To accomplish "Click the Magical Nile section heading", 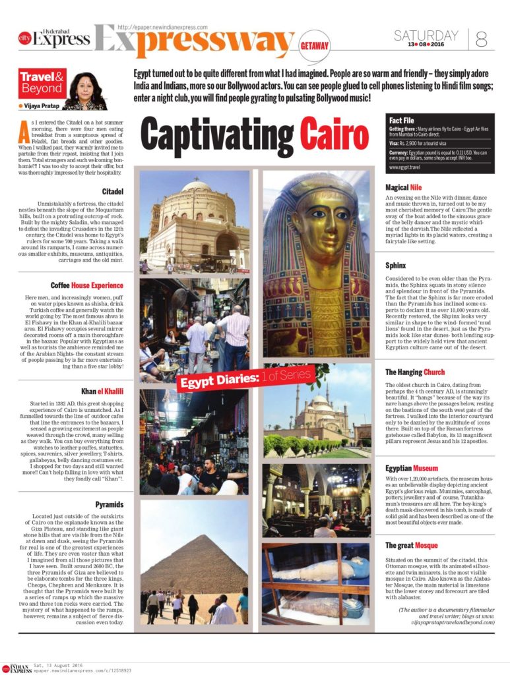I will click(x=404, y=188).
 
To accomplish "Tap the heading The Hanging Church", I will click(x=415, y=372).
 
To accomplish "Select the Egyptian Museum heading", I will click(x=412, y=467).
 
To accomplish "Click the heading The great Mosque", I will click(x=412, y=545).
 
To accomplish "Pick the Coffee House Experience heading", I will click(x=87, y=285).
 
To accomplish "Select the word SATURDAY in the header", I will click(x=426, y=36).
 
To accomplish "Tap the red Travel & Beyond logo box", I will click(x=42, y=82).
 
